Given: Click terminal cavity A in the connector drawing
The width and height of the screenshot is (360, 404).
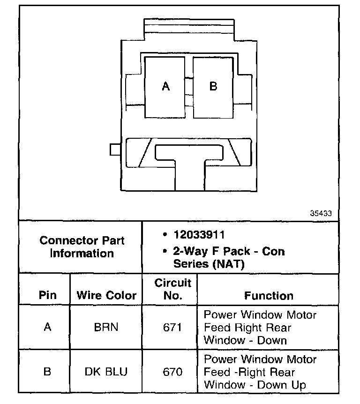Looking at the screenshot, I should (x=165, y=87).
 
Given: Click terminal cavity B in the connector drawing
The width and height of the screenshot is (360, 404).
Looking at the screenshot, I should (x=213, y=87).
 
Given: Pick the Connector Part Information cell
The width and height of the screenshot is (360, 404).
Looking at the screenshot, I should (x=82, y=247).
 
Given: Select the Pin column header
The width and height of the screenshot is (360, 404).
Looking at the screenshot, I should (x=47, y=296).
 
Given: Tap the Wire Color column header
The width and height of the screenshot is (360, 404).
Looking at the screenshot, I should (x=106, y=296).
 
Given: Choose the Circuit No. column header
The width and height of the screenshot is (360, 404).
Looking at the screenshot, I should (x=173, y=289).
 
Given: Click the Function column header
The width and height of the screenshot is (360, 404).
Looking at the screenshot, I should (x=269, y=296).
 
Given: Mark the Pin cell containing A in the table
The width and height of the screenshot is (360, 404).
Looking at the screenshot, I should (x=47, y=327).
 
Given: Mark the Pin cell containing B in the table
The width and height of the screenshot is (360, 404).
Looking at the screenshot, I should (x=47, y=372).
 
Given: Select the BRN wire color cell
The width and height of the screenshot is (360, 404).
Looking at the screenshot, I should (x=106, y=327).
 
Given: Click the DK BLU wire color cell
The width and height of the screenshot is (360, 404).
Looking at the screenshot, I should (x=106, y=372).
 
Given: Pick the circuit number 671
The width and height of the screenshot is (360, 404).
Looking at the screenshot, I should (x=172, y=327).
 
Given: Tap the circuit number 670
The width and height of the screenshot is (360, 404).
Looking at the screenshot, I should (x=172, y=372).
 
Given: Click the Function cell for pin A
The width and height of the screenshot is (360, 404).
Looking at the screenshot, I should (x=260, y=327).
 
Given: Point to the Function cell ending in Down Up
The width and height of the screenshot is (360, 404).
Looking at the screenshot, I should (x=260, y=372).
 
